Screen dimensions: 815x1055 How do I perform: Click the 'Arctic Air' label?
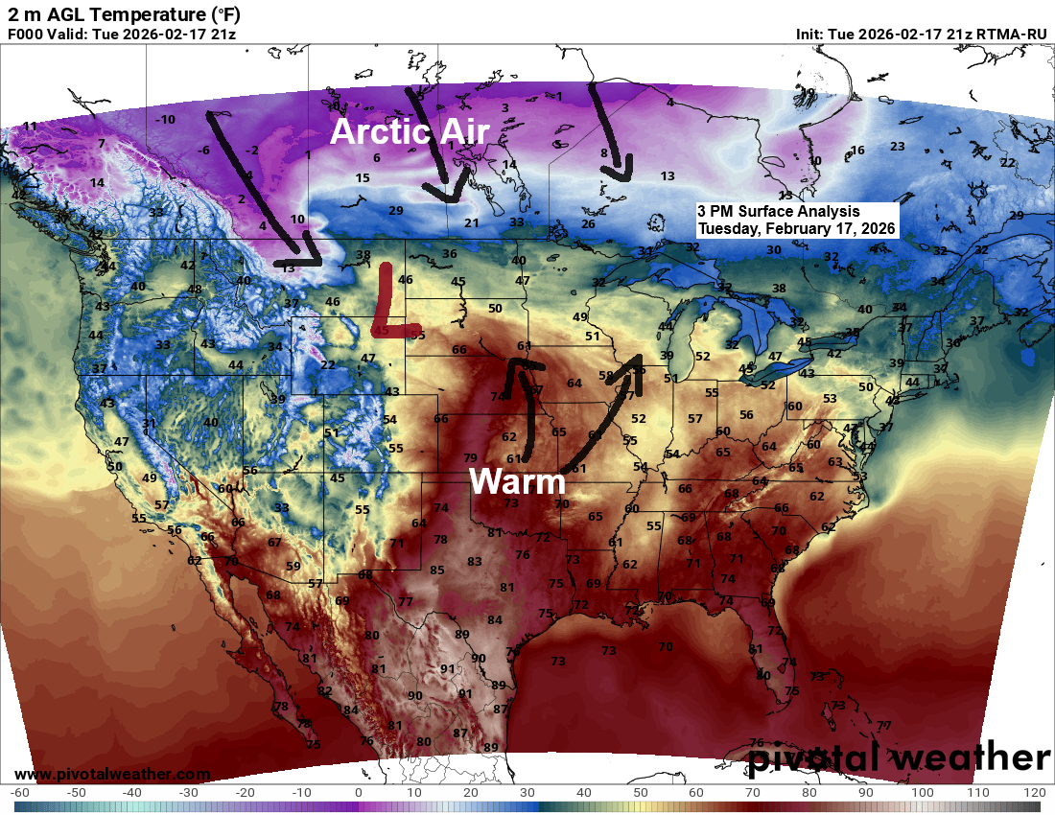410,131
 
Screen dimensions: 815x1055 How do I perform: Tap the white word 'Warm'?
517,480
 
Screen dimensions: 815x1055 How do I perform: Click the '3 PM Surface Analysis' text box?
797,220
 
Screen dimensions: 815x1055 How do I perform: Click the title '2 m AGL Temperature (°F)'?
125,13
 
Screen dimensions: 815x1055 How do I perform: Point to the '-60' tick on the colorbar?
20,793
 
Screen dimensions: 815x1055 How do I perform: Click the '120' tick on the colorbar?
1034,793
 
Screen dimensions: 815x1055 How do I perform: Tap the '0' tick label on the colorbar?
358,793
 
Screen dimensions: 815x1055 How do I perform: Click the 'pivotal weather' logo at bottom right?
899,757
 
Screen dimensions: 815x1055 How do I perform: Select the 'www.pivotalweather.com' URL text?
112,774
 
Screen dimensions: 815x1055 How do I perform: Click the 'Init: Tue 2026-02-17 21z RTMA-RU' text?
921,35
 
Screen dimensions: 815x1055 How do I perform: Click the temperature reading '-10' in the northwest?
166,119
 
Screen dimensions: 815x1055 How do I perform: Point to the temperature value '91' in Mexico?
447,668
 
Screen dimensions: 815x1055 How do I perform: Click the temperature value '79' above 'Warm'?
470,457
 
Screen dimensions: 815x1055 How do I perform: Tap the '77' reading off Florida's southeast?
883,726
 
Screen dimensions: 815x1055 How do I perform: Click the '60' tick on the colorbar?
696,793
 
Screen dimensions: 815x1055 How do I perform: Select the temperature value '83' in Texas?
474,561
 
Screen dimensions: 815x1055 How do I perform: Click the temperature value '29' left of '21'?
395,210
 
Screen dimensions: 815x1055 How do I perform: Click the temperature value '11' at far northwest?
30,126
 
